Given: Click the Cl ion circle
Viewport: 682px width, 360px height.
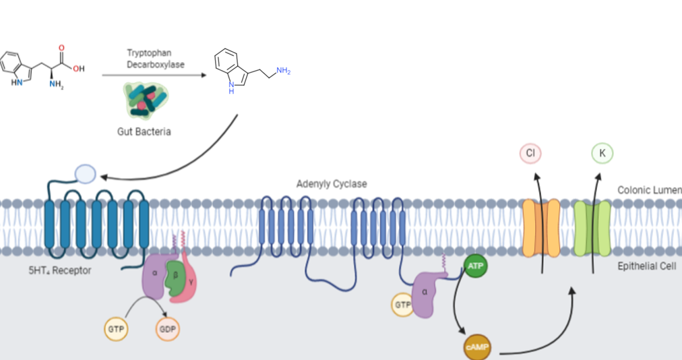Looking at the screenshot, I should click(x=530, y=154).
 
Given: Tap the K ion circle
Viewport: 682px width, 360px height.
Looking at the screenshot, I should click(x=602, y=154).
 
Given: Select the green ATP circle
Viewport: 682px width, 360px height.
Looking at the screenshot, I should click(x=475, y=266).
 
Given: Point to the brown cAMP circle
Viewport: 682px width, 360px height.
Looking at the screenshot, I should click(x=478, y=347).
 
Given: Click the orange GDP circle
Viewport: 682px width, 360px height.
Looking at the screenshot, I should click(x=167, y=330).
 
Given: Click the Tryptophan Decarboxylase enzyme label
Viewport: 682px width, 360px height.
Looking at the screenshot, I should click(x=156, y=59).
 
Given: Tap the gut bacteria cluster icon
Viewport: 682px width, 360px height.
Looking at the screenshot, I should click(x=144, y=99).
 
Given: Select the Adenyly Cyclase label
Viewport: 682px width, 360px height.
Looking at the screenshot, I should click(x=332, y=183).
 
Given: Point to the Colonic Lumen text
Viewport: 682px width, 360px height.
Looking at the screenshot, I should click(x=649, y=190).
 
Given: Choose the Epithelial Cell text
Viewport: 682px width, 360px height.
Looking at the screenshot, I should click(x=646, y=266).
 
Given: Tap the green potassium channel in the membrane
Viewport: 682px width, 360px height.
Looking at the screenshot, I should click(x=592, y=228).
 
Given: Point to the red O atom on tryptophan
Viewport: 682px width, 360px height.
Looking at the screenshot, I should click(x=62, y=49).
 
